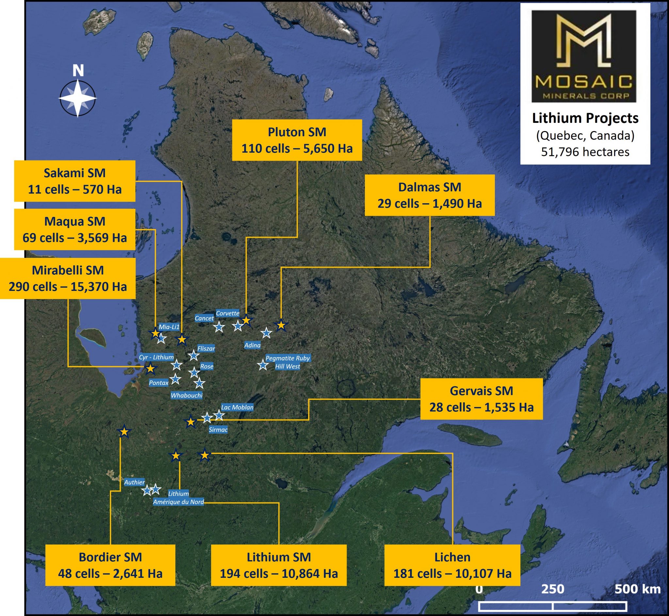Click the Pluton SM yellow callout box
click(x=297, y=140)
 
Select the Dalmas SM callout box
click(x=430, y=195)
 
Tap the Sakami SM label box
click(x=74, y=181)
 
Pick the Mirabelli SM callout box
click(x=68, y=278)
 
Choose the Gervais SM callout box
click(x=481, y=399)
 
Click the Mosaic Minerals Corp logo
click(x=584, y=56)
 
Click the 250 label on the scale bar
click(x=553, y=589)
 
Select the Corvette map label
click(x=228, y=313)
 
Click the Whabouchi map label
click(x=187, y=395)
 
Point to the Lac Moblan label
click(x=237, y=407)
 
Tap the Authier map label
click(x=134, y=482)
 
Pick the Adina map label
click(x=252, y=345)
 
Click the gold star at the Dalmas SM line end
click(x=281, y=325)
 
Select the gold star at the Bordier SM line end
click(x=124, y=432)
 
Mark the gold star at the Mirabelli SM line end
click(x=150, y=369)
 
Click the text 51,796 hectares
click(x=585, y=152)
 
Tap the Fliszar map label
click(x=206, y=348)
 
